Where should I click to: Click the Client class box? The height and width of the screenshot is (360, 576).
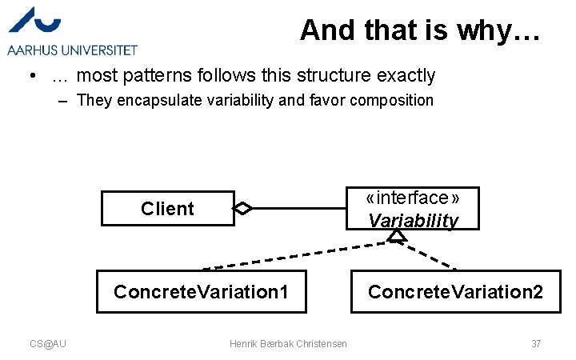(167, 209)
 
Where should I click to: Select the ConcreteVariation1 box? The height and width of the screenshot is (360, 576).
(201, 291)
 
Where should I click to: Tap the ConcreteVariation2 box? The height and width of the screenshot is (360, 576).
(455, 291)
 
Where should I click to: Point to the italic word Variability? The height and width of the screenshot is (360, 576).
(413, 221)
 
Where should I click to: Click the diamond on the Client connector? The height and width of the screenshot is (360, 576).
(242, 209)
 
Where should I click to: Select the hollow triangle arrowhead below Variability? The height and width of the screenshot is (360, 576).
(398, 235)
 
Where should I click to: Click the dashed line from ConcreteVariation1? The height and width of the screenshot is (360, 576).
(296, 255)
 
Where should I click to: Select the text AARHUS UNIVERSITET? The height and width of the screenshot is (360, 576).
(73, 50)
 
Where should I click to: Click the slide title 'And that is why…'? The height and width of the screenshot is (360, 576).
(420, 30)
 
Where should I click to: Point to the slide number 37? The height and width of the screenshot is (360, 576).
(536, 343)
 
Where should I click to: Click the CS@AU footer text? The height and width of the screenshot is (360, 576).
(48, 343)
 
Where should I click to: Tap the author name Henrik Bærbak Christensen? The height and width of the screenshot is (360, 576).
(288, 343)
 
